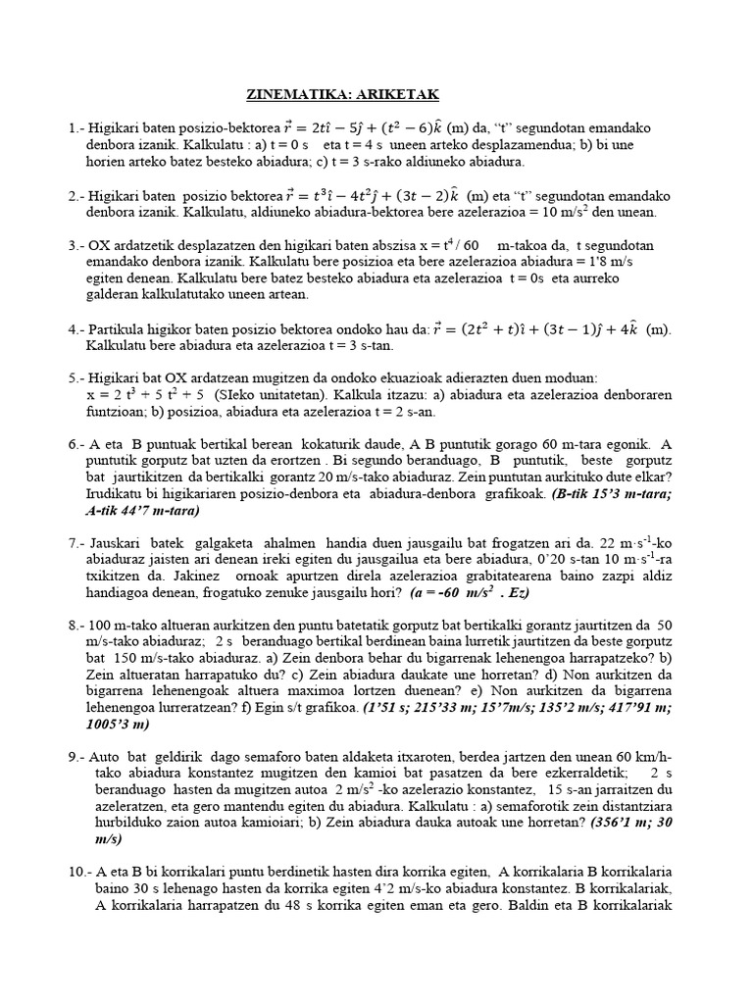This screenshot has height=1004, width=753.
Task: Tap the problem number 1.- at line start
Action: tap(75, 128)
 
